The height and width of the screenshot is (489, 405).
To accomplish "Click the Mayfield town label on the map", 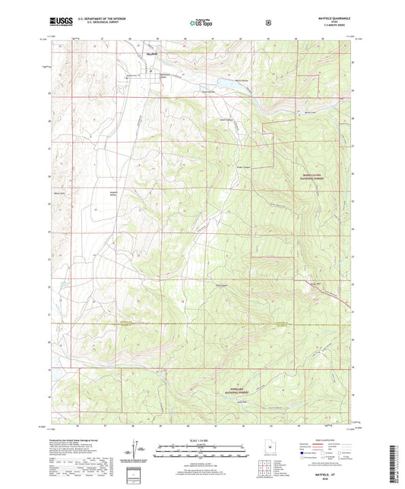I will click(150, 54).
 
